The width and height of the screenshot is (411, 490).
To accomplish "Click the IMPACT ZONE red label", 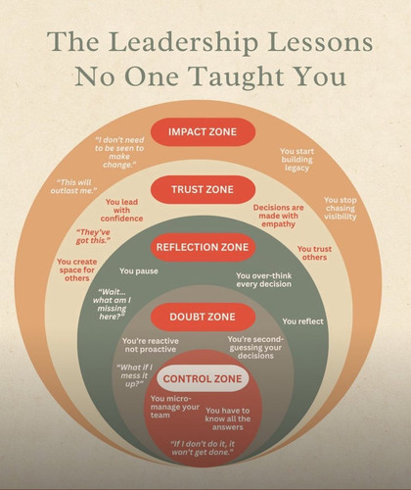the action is (x=203, y=131).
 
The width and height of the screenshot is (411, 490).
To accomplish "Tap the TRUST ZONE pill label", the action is (x=203, y=189).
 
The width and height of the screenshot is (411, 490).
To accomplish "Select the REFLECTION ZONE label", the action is (x=203, y=247).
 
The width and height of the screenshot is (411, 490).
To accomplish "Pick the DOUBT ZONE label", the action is (x=203, y=317).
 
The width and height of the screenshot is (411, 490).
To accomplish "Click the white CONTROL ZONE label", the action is (x=203, y=379).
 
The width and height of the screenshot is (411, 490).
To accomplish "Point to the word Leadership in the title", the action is (x=183, y=42).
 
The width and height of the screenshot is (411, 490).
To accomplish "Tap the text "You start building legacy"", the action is (x=297, y=160).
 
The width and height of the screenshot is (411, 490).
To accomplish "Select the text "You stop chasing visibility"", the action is (x=341, y=208).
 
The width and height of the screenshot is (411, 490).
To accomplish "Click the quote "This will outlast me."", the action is (x=73, y=186).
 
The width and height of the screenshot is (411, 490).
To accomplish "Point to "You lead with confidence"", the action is (x=121, y=210).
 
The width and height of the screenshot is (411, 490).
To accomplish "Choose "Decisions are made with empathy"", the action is (x=278, y=216).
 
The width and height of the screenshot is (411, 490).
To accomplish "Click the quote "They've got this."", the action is (x=93, y=236).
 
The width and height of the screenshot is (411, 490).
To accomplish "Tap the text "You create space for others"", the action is (x=77, y=269).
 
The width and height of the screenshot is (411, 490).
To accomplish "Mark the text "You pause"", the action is (x=139, y=270).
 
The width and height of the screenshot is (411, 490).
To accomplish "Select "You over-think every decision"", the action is (x=263, y=280).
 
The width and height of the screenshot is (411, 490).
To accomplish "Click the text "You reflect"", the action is (x=302, y=321).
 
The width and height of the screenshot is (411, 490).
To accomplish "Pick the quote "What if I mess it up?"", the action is (x=134, y=375).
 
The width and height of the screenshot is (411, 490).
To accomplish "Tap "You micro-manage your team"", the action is (x=174, y=407).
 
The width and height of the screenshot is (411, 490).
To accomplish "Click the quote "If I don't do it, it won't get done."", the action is (x=203, y=448).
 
